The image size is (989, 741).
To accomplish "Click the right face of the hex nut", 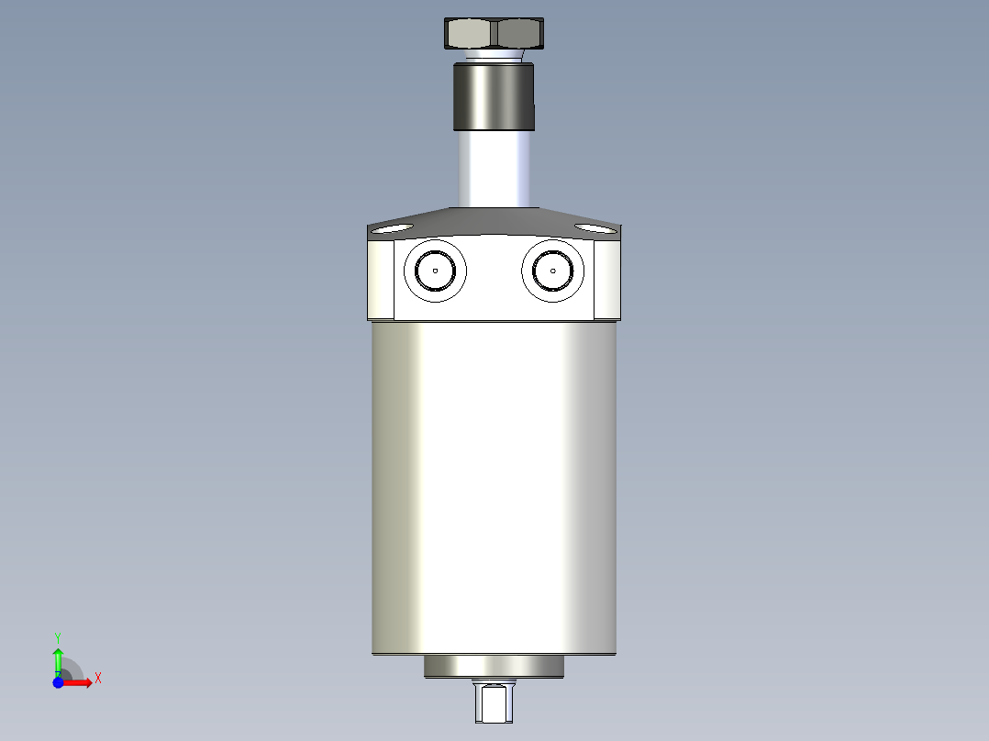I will (518, 34).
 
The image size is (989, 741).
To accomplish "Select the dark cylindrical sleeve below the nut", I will (493, 96).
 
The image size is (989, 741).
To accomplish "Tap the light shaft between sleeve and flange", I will (494, 170).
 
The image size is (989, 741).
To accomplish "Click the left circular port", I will (435, 271).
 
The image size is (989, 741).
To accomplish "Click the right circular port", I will (553, 271).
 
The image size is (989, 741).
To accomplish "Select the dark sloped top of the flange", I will (494, 221).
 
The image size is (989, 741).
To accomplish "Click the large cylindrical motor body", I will (494, 486).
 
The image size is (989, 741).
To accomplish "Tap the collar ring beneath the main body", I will (494, 667).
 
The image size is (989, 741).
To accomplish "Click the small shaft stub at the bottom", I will (494, 703).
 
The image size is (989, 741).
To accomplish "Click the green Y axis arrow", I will (58, 659).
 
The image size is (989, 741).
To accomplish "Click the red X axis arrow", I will (80, 682).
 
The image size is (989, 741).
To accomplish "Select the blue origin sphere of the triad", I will (58, 682).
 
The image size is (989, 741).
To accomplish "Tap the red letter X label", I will (97, 679).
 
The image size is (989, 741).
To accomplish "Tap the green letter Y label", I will (58, 636).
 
